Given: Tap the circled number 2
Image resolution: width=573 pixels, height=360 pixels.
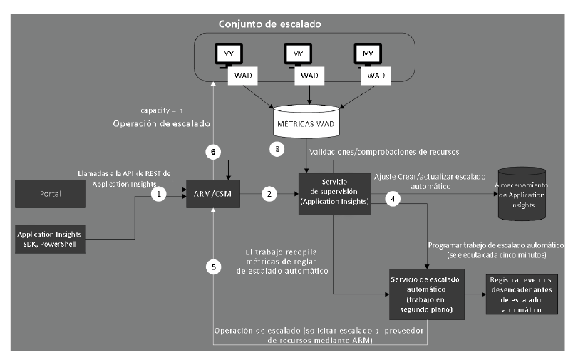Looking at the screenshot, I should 269,193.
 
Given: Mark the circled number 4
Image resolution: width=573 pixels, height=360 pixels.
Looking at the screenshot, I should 391,200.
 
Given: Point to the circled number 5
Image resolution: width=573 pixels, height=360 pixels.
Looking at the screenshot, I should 211,267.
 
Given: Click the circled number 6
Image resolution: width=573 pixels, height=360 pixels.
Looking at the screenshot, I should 211,151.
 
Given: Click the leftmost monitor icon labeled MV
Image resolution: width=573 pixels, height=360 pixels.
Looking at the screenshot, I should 229,54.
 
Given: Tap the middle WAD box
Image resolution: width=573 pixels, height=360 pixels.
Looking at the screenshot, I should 309,75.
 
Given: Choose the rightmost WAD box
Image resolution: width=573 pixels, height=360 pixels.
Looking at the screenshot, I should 378,75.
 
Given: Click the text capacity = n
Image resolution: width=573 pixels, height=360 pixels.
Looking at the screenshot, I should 161,110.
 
